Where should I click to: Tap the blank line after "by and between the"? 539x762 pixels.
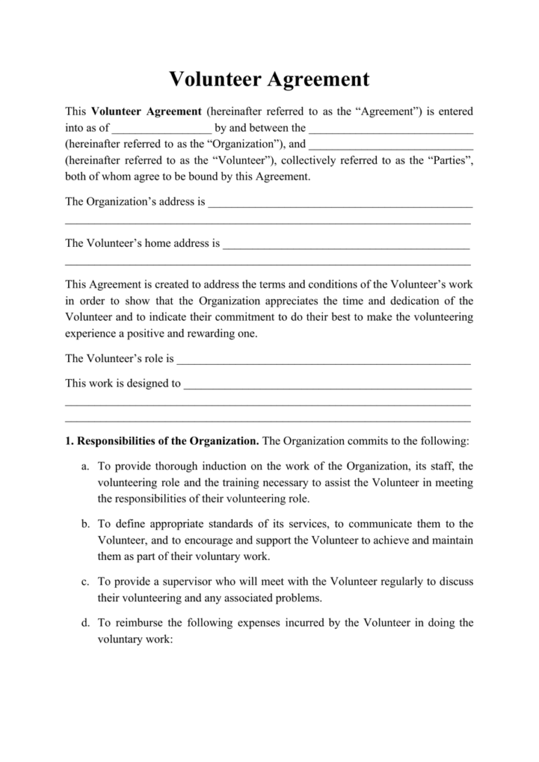[391, 128]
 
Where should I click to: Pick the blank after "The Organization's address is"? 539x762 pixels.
[340, 203]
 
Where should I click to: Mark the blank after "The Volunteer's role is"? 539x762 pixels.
[324, 359]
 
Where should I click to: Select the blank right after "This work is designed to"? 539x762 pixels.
[327, 384]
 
